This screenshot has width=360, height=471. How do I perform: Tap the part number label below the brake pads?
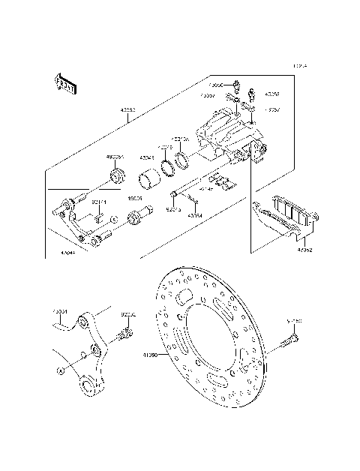pyautogui.click(x=304, y=250)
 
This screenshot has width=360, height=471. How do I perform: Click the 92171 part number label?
pyautogui.click(x=99, y=202)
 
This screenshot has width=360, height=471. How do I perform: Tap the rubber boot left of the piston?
pyautogui.click(x=117, y=178)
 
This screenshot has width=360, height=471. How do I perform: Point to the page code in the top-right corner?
pyautogui.click(x=300, y=66)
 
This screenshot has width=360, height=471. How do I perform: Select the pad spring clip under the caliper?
pyautogui.click(x=219, y=182)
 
